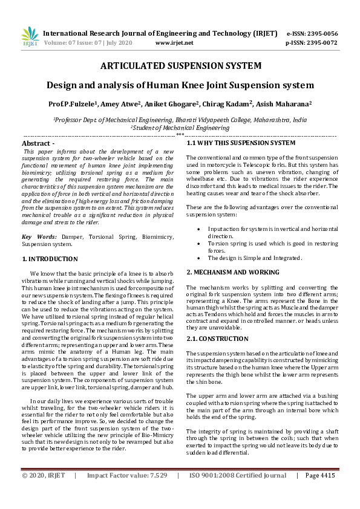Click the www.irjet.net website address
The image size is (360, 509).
[x=174, y=43]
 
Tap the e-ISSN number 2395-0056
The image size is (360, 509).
[x=321, y=33]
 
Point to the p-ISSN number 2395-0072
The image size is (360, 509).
[x=321, y=43]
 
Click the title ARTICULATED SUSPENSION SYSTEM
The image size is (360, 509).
[x=181, y=65]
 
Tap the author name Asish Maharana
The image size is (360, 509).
[x=289, y=104]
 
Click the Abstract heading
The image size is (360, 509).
[x=38, y=143]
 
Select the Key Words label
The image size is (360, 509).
[x=36, y=236]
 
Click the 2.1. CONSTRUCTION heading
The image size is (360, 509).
[x=217, y=339]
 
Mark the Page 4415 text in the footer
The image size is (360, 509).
[x=320, y=493]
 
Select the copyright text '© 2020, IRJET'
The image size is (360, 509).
[x=43, y=493]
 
